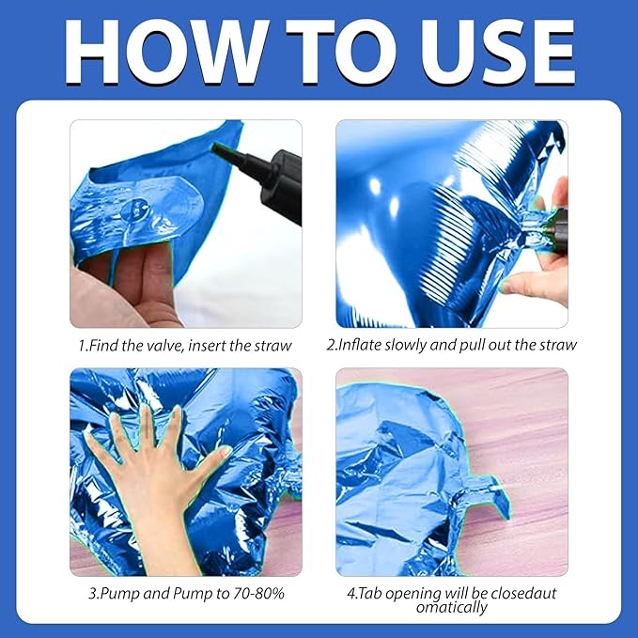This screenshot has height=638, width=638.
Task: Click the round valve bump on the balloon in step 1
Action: tap(135, 210)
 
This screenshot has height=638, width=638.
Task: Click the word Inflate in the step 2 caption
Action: tap(360, 345)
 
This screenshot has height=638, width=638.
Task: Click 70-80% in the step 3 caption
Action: tap(258, 593)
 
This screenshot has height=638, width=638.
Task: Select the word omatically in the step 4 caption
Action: tap(451, 607)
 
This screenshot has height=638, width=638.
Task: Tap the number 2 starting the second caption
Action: tap(331, 345)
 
